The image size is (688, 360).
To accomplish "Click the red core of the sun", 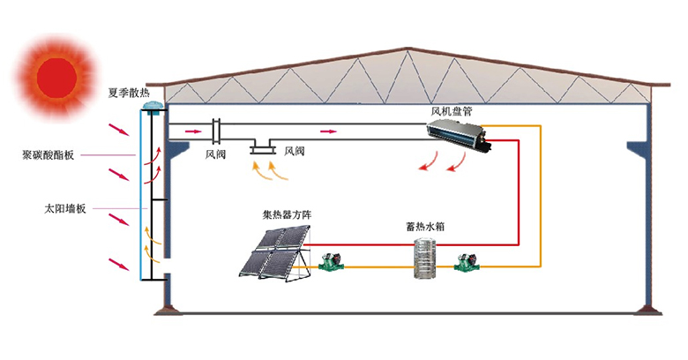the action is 57,78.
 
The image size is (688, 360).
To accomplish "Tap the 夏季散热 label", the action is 129,93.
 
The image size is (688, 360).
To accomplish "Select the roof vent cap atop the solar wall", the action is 153,108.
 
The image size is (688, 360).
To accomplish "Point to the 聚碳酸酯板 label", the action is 49,155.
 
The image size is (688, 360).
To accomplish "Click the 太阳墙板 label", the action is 65,208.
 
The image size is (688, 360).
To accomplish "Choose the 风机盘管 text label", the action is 452,111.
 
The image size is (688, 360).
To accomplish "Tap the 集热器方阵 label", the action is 287,214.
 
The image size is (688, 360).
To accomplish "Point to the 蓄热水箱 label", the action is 426,227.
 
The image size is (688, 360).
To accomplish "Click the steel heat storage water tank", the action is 425,258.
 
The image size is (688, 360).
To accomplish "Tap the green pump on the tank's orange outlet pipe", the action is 467,262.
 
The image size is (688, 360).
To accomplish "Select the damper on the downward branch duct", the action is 263,150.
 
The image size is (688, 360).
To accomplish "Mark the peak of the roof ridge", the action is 408,48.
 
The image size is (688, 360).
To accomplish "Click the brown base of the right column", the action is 648,310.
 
